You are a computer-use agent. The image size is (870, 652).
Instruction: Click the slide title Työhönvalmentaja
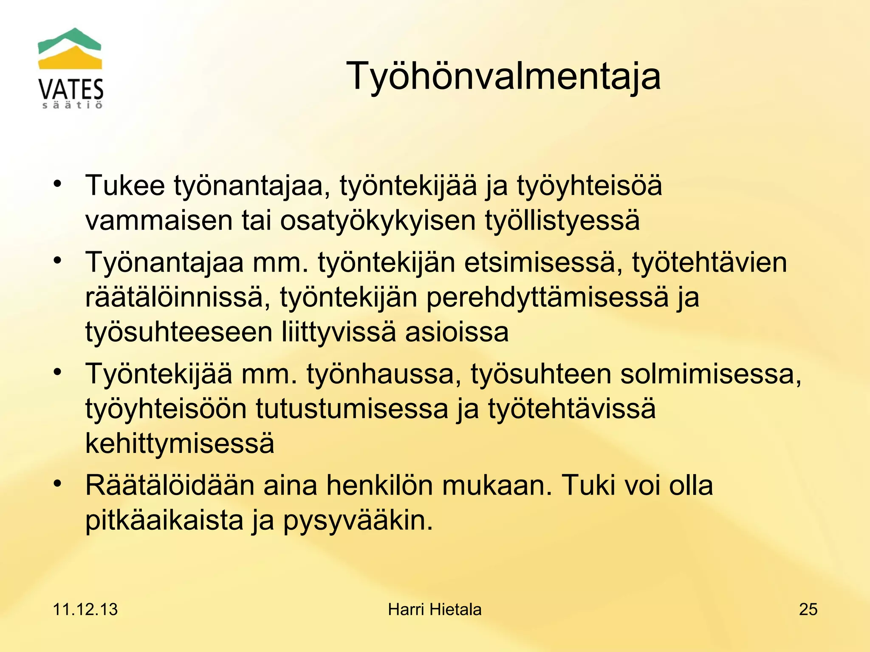click(503, 76)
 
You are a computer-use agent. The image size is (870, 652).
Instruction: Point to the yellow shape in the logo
click(70, 59)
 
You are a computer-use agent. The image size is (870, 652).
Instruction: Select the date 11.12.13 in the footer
click(85, 610)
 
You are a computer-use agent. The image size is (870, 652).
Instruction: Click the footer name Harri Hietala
click(435, 610)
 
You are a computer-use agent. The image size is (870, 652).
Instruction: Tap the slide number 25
click(808, 610)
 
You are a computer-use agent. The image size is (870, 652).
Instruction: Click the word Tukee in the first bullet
click(125, 185)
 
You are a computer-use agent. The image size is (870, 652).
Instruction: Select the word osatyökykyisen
click(378, 221)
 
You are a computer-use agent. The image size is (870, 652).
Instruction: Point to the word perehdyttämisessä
click(547, 297)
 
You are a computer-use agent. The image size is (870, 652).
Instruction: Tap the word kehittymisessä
click(180, 443)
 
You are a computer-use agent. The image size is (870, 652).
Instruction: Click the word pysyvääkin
click(358, 520)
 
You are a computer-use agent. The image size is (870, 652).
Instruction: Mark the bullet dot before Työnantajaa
click(58, 260)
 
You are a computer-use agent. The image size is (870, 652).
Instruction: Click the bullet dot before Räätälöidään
click(58, 483)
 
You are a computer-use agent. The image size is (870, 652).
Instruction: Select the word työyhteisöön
click(166, 409)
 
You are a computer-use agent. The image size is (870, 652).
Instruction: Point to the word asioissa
click(457, 332)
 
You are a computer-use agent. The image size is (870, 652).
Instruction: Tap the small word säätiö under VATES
click(72, 105)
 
